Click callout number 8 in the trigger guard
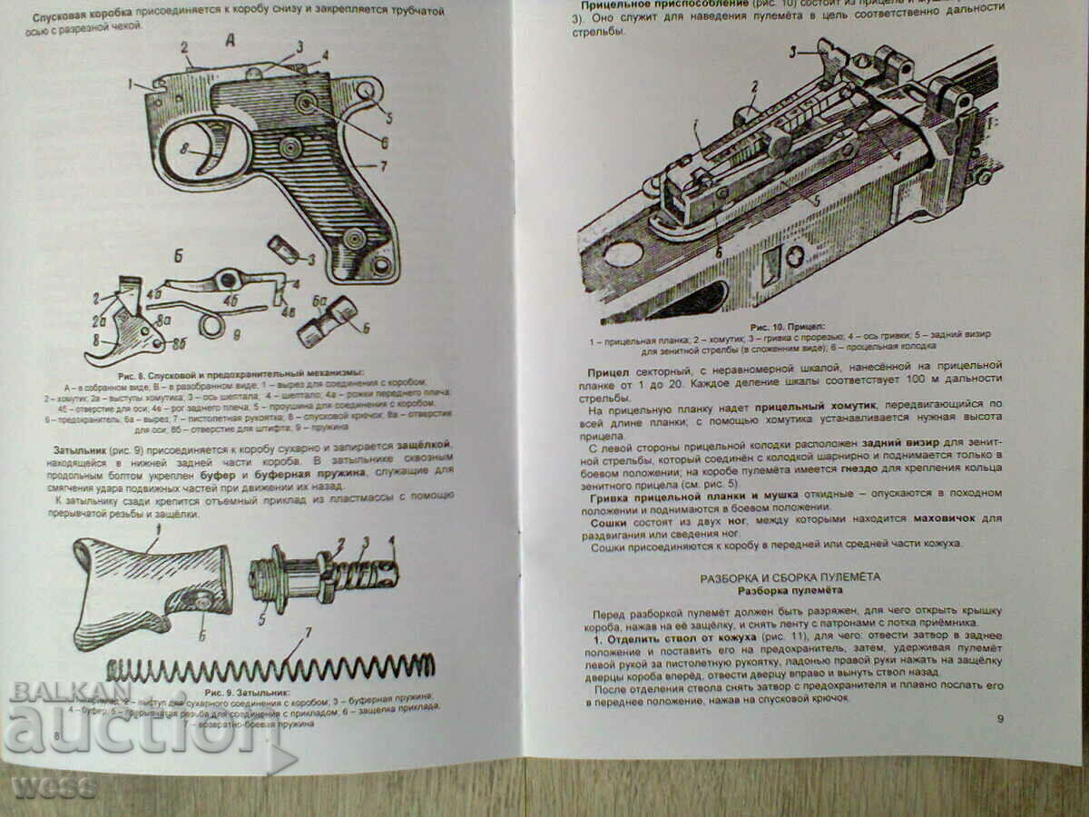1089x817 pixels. tap(185, 151)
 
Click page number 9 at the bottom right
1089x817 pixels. tap(1000, 719)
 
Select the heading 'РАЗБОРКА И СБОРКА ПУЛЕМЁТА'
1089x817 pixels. tap(789, 577)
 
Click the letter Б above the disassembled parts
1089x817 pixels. tap(178, 256)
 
